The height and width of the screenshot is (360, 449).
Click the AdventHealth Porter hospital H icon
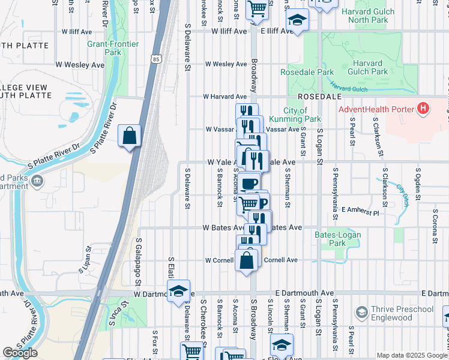424,109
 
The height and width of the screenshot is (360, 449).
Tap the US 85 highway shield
157,59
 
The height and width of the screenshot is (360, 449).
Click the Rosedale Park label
307,73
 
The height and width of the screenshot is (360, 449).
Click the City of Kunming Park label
295,115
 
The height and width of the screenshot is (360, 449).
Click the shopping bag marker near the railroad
130,137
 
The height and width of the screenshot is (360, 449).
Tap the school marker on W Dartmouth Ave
178,292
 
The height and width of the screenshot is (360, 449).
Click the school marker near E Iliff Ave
297,22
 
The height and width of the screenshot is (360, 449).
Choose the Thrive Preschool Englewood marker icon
361,313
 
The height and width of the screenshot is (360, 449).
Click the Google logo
20,353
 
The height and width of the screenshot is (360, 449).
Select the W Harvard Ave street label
224,96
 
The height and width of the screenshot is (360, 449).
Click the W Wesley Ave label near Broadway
226,64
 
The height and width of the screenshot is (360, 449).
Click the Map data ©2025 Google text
411,355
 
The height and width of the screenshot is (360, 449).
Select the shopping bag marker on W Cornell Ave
247,261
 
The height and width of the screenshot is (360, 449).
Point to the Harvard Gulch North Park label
368,16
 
